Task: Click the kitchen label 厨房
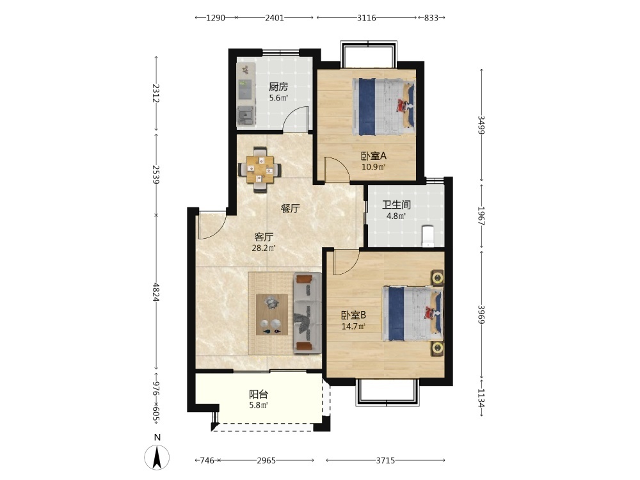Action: [x=278, y=86]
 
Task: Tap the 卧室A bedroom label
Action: [x=374, y=156]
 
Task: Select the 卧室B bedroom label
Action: [x=353, y=315]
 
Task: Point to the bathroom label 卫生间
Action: [x=396, y=205]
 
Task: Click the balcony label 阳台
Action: [x=259, y=394]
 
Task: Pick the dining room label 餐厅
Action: [x=290, y=209]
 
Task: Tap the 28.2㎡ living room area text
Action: [x=264, y=248]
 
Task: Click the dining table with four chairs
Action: [x=260, y=169]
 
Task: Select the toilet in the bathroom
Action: [x=428, y=236]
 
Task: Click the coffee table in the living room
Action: [x=272, y=315]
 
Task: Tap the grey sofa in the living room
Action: [x=307, y=314]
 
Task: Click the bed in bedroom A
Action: [x=383, y=106]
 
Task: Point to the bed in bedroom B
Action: [x=413, y=313]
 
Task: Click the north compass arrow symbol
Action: [x=157, y=458]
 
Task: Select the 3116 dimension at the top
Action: [x=367, y=17]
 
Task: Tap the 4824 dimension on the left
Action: [x=156, y=292]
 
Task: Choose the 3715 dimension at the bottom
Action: [x=385, y=460]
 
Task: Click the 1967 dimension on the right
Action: [x=481, y=216]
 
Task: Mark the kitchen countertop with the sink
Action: [x=246, y=94]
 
